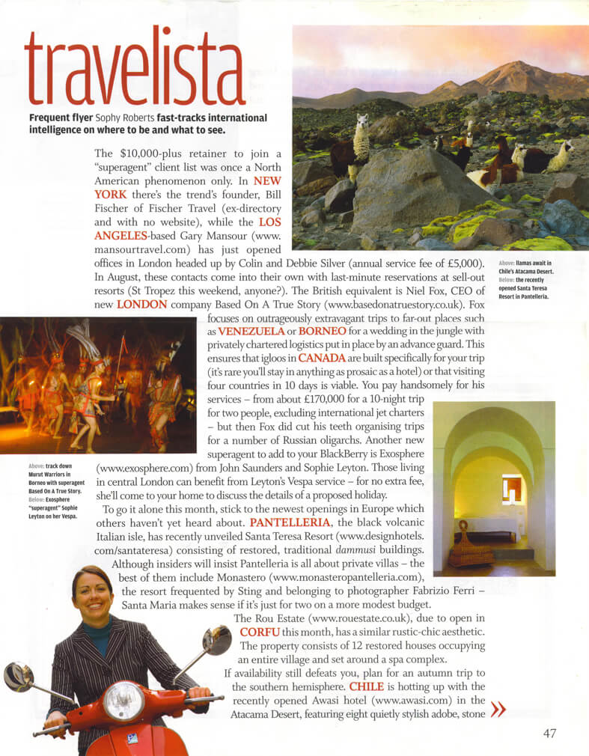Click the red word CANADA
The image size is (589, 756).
click(x=322, y=357)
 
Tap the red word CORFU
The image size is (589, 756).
click(x=260, y=632)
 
